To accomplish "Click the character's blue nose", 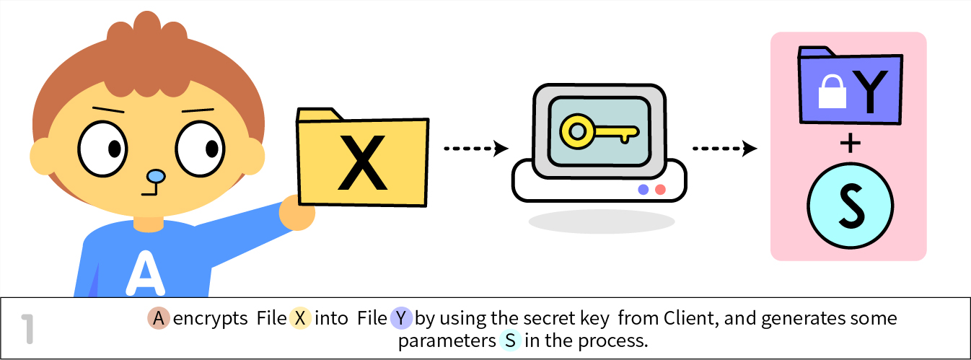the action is (x=155, y=176).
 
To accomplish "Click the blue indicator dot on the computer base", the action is (x=643, y=190).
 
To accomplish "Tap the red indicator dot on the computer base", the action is (x=660, y=190).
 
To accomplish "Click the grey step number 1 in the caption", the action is (x=28, y=328).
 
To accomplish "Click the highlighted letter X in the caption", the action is (x=300, y=318).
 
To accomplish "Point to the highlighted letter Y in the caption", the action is (x=401, y=318).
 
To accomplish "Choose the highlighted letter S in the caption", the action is (x=510, y=341).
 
